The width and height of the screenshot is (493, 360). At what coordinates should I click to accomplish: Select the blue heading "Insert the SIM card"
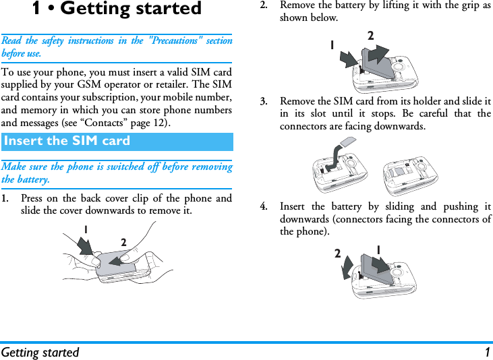[x=67, y=141]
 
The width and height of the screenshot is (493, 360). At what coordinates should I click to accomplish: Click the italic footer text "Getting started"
[x=40, y=352]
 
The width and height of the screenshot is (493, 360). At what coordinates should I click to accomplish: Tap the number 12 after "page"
[x=161, y=123]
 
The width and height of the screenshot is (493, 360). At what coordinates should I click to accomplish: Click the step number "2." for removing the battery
[x=266, y=5]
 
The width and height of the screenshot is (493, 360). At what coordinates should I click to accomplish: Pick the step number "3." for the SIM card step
[x=266, y=101]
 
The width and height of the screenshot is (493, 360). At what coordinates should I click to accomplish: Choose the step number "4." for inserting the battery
[x=266, y=206]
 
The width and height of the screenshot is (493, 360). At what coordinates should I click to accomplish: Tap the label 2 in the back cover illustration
[x=124, y=242]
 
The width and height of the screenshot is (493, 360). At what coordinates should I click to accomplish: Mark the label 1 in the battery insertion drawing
[x=379, y=250]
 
